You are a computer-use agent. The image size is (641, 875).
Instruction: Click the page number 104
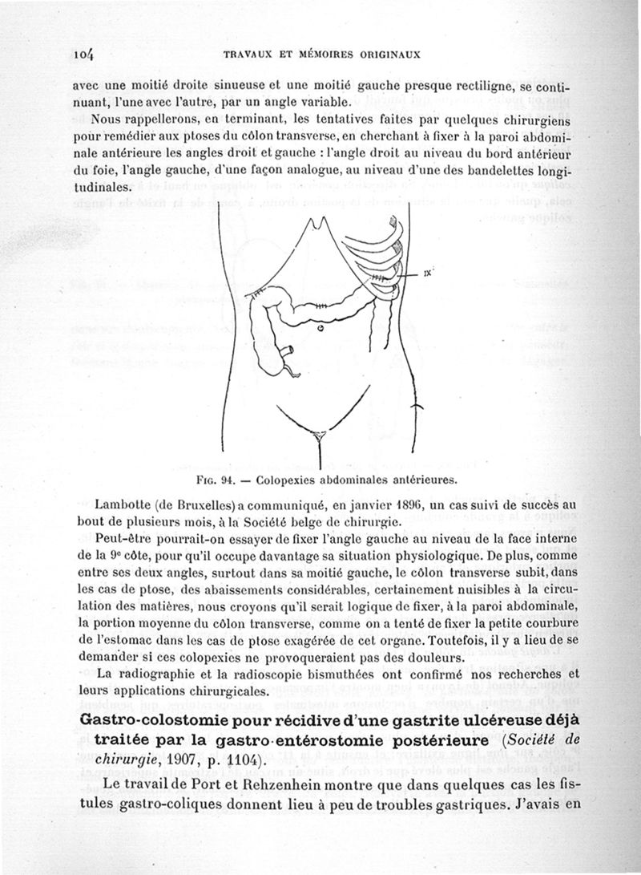click(83, 55)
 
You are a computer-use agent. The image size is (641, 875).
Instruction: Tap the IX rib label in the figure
click(429, 273)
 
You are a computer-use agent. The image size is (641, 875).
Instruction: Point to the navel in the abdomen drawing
click(320, 327)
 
